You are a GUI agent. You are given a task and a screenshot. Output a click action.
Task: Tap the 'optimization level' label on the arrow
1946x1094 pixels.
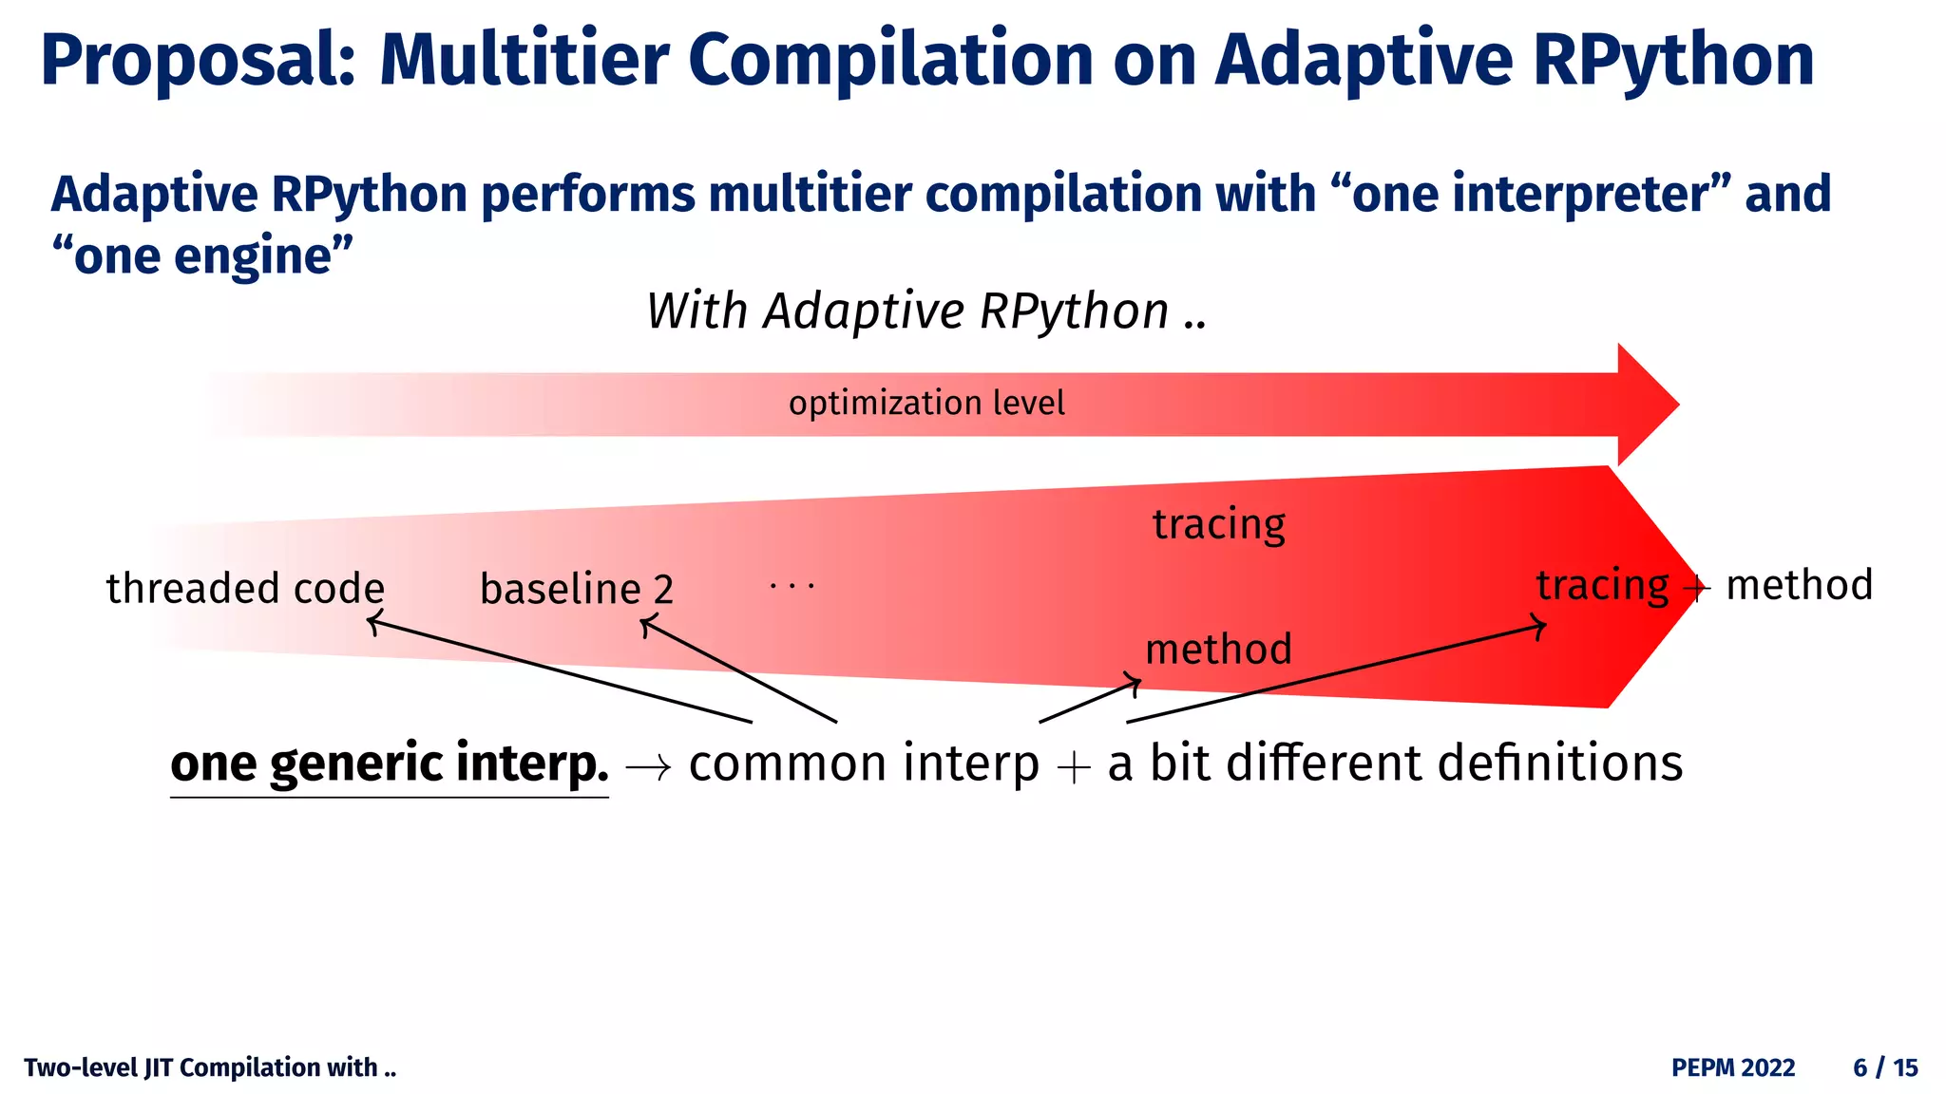tap(926, 404)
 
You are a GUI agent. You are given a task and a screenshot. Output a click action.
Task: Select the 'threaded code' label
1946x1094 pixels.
tap(245, 589)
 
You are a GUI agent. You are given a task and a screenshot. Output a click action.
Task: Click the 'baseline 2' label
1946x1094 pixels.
tap(577, 590)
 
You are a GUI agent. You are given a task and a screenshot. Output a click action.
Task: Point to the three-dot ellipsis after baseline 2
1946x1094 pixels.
tap(792, 586)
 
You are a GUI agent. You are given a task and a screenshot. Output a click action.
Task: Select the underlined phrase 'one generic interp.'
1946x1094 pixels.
tap(390, 764)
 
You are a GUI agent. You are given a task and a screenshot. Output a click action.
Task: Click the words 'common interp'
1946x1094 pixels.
tap(864, 764)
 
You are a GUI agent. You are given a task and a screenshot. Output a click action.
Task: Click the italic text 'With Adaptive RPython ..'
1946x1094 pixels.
tap(926, 311)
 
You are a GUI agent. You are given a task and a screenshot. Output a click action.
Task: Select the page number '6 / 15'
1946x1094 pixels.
tap(1885, 1068)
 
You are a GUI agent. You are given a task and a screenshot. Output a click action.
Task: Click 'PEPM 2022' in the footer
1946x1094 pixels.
tap(1733, 1068)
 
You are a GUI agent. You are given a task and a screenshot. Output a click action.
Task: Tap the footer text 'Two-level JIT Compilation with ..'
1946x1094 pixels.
tap(210, 1068)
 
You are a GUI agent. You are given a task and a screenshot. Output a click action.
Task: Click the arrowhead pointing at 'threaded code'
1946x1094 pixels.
tap(372, 623)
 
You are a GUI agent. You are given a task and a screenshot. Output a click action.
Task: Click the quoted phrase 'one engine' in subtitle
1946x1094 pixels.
tap(202, 256)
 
